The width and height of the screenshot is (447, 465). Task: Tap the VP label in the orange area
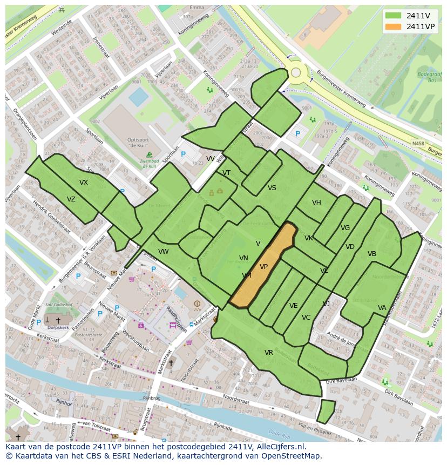pyautogui.click(x=263, y=267)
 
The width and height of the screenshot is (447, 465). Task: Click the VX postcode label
pyautogui.click(x=84, y=183)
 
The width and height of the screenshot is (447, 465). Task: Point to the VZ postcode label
pyautogui.click(x=71, y=199)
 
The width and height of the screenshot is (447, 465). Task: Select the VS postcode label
pyautogui.click(x=272, y=188)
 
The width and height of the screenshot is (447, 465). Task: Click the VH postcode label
pyautogui.click(x=316, y=203)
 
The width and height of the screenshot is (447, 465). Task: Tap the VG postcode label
pyautogui.click(x=346, y=228)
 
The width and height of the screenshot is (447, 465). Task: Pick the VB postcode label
pyautogui.click(x=372, y=254)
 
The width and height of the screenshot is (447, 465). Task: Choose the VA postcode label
pyautogui.click(x=382, y=308)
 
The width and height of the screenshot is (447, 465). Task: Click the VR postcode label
pyautogui.click(x=269, y=353)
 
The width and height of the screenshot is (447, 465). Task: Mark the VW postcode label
pyautogui.click(x=164, y=252)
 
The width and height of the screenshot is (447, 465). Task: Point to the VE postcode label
pyautogui.click(x=294, y=306)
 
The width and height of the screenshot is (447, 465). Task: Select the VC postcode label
pyautogui.click(x=306, y=318)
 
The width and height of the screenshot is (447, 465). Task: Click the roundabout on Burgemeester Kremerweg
pyautogui.click(x=296, y=72)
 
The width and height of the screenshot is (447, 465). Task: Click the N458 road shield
pyautogui.click(x=417, y=143)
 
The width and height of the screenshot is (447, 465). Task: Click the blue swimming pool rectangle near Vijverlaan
pyautogui.click(x=139, y=97)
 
